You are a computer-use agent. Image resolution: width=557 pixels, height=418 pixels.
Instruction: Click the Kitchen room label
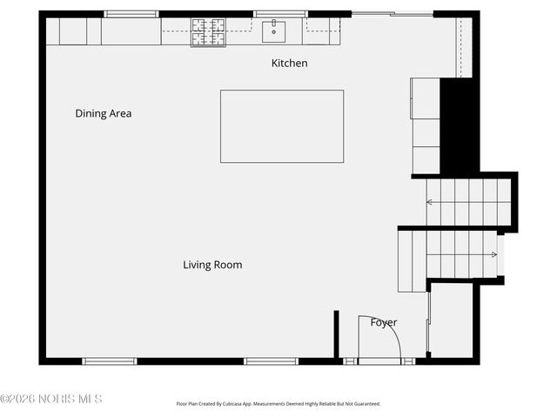click(x=289, y=64)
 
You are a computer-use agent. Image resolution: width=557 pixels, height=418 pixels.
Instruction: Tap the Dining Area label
click(x=103, y=113)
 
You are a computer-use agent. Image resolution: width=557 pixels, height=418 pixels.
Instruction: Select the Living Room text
click(x=212, y=265)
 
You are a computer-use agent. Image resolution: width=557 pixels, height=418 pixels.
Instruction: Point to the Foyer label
click(x=384, y=322)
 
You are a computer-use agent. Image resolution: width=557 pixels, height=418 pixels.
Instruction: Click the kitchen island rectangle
click(x=281, y=126)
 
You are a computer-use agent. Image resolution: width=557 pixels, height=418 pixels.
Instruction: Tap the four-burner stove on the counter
click(x=208, y=32)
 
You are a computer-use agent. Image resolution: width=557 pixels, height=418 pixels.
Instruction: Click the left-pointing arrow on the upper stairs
click(x=430, y=203)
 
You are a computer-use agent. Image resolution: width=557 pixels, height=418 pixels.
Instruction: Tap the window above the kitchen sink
click(x=279, y=14)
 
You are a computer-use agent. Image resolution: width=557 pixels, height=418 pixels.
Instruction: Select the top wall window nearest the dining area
click(x=131, y=14)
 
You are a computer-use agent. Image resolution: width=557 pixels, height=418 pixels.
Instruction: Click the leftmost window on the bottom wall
click(x=109, y=361)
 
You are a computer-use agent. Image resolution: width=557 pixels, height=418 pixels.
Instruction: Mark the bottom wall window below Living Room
click(x=271, y=361)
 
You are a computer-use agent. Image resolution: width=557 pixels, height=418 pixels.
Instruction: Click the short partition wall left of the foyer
click(x=336, y=334)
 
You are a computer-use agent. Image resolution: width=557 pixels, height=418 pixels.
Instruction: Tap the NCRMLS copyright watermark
click(x=51, y=399)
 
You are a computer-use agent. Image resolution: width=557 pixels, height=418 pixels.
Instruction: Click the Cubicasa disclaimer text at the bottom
click(x=278, y=404)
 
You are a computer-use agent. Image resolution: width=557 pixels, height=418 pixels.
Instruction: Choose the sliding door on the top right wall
click(x=393, y=14)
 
